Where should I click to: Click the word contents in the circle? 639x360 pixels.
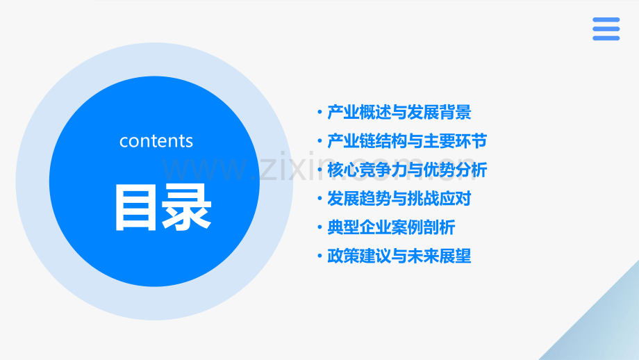156,141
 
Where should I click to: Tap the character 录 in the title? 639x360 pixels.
185,207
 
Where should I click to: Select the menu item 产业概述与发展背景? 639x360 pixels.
399,113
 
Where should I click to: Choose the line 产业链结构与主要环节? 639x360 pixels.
407,141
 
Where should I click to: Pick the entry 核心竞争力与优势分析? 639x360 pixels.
407,170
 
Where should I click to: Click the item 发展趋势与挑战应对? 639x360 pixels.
399,199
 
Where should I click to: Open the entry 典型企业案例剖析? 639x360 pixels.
392,227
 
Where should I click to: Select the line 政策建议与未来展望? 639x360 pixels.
399,256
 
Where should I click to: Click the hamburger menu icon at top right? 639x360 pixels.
606,29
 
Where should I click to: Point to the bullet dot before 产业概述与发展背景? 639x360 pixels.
319,113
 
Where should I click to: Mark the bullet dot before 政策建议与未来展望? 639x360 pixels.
319,256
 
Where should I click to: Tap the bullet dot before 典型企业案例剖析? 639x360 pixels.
319,228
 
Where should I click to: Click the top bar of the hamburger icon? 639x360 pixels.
606,20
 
